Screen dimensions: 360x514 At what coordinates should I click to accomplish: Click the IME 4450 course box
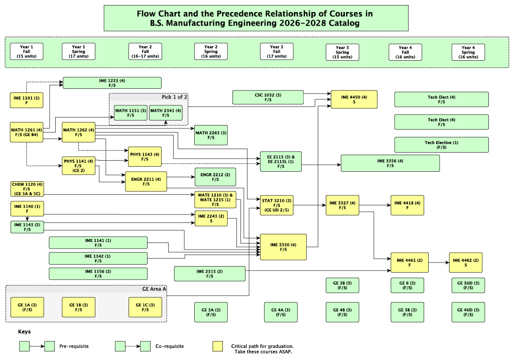[354, 99]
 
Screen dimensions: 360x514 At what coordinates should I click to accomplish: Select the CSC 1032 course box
[268, 97]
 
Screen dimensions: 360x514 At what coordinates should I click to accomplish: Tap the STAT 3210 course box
[277, 205]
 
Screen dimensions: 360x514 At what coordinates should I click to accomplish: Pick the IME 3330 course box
[283, 247]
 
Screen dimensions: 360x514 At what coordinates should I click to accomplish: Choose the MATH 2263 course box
[211, 135]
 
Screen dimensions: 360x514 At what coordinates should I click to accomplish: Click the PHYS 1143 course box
[145, 157]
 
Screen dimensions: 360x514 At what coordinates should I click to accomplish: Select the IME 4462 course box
[466, 263]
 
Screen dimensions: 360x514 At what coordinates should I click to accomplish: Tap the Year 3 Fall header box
[277, 52]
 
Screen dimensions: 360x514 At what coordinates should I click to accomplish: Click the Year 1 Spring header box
[79, 52]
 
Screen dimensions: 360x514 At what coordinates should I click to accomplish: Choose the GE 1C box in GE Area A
[145, 307]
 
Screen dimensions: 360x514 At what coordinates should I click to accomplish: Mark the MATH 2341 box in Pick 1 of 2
[166, 113]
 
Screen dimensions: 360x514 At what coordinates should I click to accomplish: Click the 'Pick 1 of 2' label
[174, 97]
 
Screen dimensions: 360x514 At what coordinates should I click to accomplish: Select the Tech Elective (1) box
[442, 145]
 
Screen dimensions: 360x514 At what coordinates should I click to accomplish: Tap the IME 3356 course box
[390, 163]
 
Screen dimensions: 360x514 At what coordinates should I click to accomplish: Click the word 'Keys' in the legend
[25, 332]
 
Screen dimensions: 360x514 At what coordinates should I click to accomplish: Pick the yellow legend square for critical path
[217, 346]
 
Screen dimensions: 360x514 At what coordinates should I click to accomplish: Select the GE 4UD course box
[468, 312]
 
